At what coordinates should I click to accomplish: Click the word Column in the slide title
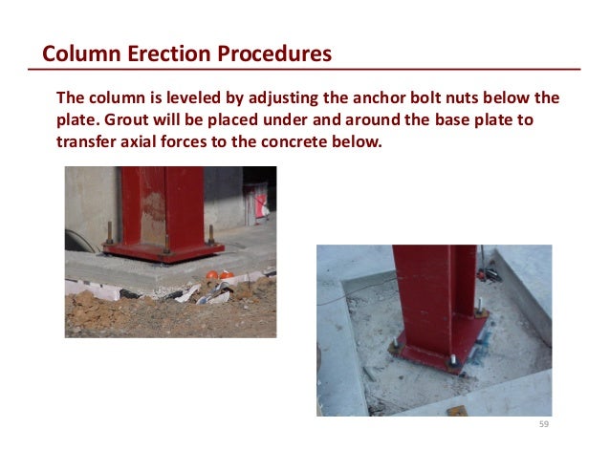pos(78,54)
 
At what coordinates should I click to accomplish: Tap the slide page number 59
pos(544,423)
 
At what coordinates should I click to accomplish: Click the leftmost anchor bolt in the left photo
pos(108,233)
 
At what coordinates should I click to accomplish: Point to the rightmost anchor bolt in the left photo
pos(210,235)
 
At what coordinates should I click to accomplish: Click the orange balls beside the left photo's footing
pos(219,275)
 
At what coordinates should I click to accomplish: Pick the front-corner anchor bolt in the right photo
pos(449,360)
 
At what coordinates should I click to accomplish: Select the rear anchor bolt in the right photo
pos(477,307)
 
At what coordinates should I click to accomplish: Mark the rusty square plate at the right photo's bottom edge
pos(456,411)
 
